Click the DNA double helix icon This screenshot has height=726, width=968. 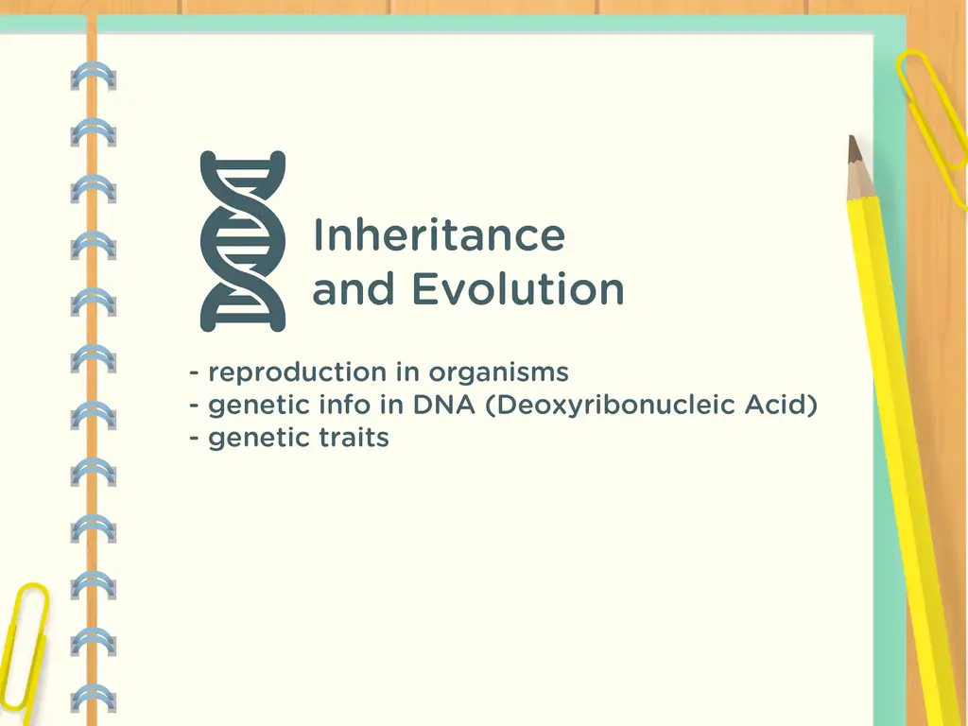pos(243,241)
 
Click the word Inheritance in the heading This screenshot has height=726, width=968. pos(439,234)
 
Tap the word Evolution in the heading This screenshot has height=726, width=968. pos(518,289)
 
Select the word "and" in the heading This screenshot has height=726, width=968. pos(354,289)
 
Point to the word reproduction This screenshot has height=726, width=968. pos(297,373)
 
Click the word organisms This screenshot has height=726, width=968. pos(499,373)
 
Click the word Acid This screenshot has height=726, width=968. pos(781,405)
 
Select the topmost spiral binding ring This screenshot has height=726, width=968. pos(94,76)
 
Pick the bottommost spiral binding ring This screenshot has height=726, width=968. pos(94,699)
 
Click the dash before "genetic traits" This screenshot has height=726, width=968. pos(195,438)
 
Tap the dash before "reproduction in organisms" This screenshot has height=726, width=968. pos(195,372)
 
